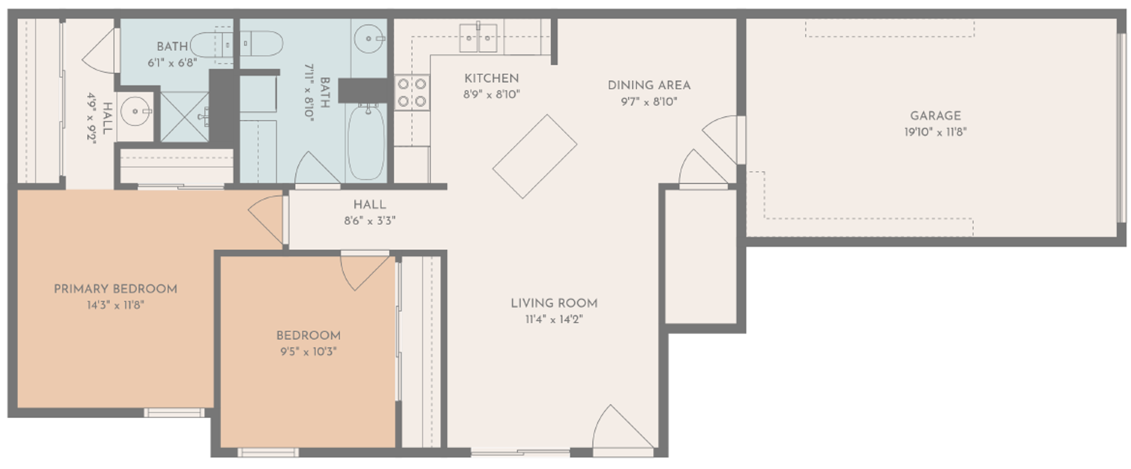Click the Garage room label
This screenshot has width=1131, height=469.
[x=935, y=116]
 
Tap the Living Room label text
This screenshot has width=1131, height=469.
[x=554, y=303]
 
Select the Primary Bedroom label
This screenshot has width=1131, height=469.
[x=115, y=289]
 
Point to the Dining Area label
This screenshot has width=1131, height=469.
[x=649, y=85]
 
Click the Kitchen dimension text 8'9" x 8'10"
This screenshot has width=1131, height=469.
[x=491, y=94]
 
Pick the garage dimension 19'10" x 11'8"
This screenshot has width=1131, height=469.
[x=935, y=132]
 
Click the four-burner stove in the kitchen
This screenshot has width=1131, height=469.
[x=411, y=92]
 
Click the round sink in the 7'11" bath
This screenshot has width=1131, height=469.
[x=369, y=39]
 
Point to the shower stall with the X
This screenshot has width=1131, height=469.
[x=184, y=117]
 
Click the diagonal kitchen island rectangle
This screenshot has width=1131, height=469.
[x=534, y=157]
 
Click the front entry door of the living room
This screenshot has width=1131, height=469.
[x=623, y=427]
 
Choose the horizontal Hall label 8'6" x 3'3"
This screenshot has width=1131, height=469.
[x=370, y=212]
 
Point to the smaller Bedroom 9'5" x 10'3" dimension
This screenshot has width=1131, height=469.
[x=308, y=352]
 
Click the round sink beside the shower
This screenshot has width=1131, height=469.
[x=136, y=111]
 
